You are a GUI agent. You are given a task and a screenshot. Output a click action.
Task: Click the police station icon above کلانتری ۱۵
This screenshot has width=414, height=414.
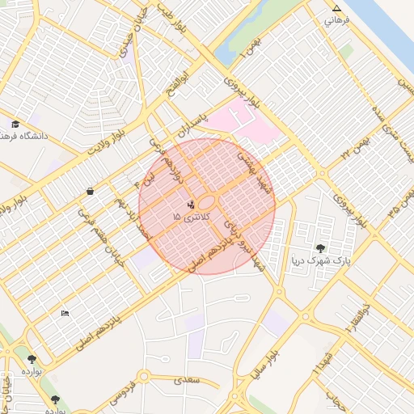point(191,205)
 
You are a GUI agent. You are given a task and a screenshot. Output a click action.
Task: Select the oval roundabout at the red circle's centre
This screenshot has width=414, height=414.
point(207,203)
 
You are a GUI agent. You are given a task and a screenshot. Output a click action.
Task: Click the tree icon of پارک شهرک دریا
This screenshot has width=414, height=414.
point(321,248)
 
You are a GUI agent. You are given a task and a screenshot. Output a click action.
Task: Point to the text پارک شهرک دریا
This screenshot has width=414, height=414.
point(321,261)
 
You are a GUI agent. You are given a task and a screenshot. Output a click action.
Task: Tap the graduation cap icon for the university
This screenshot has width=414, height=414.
point(15,124)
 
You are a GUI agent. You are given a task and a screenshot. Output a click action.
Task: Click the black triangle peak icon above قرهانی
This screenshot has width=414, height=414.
point(336,9)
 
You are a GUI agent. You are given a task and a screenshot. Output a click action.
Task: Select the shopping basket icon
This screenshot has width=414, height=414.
point(89,191)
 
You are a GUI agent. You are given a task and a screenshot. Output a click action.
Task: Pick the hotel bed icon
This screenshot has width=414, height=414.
point(65,313)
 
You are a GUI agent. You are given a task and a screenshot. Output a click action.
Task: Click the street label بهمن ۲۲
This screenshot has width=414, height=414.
point(356,146)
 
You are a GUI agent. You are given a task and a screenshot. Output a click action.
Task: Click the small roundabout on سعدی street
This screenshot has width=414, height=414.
point(144,376)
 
